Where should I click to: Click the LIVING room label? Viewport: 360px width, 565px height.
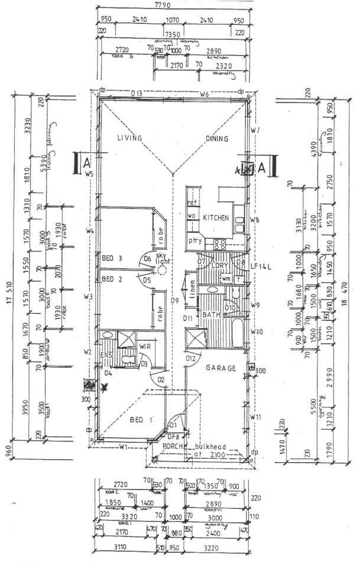coord(129,138)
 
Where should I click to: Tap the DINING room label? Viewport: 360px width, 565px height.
coord(218,139)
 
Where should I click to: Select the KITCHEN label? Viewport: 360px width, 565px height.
coord(216,218)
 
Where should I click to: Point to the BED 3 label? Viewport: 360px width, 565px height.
coord(112,258)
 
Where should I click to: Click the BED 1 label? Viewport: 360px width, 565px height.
coord(141,420)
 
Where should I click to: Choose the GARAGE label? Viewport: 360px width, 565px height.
coord(221,368)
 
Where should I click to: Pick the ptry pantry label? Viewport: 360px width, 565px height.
coord(195,241)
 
